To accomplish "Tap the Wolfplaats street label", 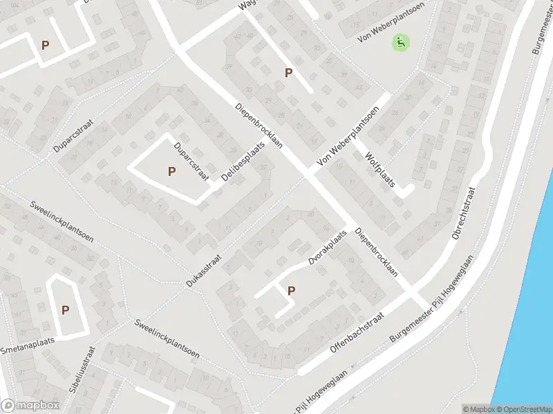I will tap(379, 170).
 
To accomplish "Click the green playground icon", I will tap(400, 43).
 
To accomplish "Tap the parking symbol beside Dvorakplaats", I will tap(291, 291).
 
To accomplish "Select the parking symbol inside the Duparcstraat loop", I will tap(171, 171).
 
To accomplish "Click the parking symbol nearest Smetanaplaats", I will tap(65, 310).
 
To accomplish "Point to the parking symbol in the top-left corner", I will tap(46, 46).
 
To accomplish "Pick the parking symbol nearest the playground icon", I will tap(288, 72).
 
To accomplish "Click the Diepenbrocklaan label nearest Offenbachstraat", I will tap(377, 253).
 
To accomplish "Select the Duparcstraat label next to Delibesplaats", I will tap(191, 159).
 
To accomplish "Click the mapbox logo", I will tap(30, 406).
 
